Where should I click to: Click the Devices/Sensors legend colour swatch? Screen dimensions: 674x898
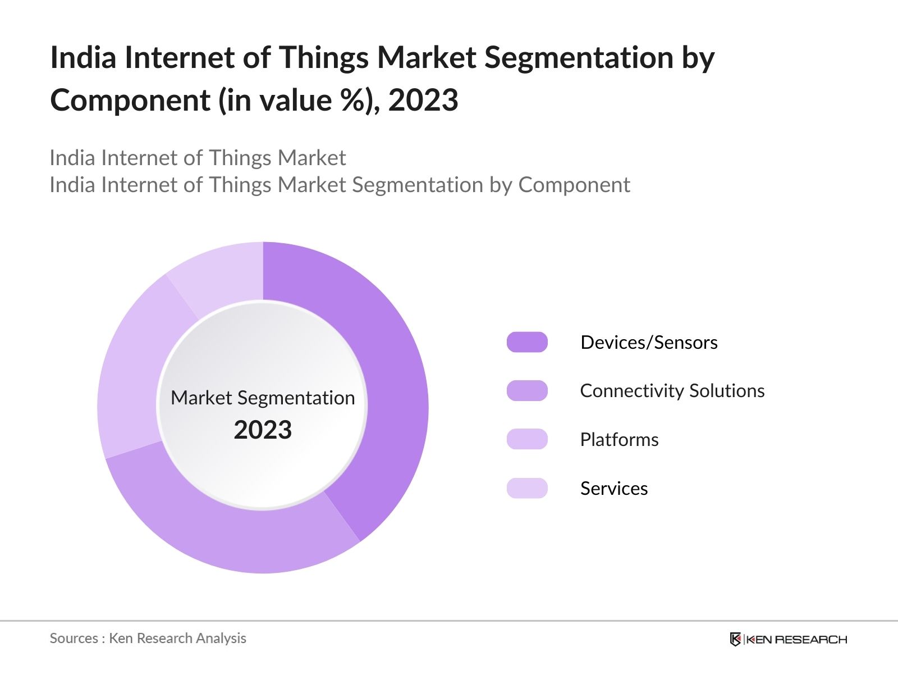[527, 342]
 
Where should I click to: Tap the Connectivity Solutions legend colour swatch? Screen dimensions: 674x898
[527, 391]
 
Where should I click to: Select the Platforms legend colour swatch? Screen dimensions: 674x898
[527, 439]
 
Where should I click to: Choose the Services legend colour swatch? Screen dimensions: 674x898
[527, 488]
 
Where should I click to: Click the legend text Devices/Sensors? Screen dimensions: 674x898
[649, 342]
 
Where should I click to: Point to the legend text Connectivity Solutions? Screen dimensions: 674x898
[672, 391]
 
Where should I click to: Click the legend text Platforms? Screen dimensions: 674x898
[619, 439]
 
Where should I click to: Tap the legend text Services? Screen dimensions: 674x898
[613, 488]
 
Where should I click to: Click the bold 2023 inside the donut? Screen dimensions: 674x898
[263, 430]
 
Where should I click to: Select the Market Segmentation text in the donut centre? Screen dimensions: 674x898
[263, 398]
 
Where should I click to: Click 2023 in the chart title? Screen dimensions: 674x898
[423, 101]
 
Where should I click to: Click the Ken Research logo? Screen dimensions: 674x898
[788, 639]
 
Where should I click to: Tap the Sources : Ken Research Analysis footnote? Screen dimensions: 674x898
[148, 638]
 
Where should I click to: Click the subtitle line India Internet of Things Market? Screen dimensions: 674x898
[198, 158]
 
